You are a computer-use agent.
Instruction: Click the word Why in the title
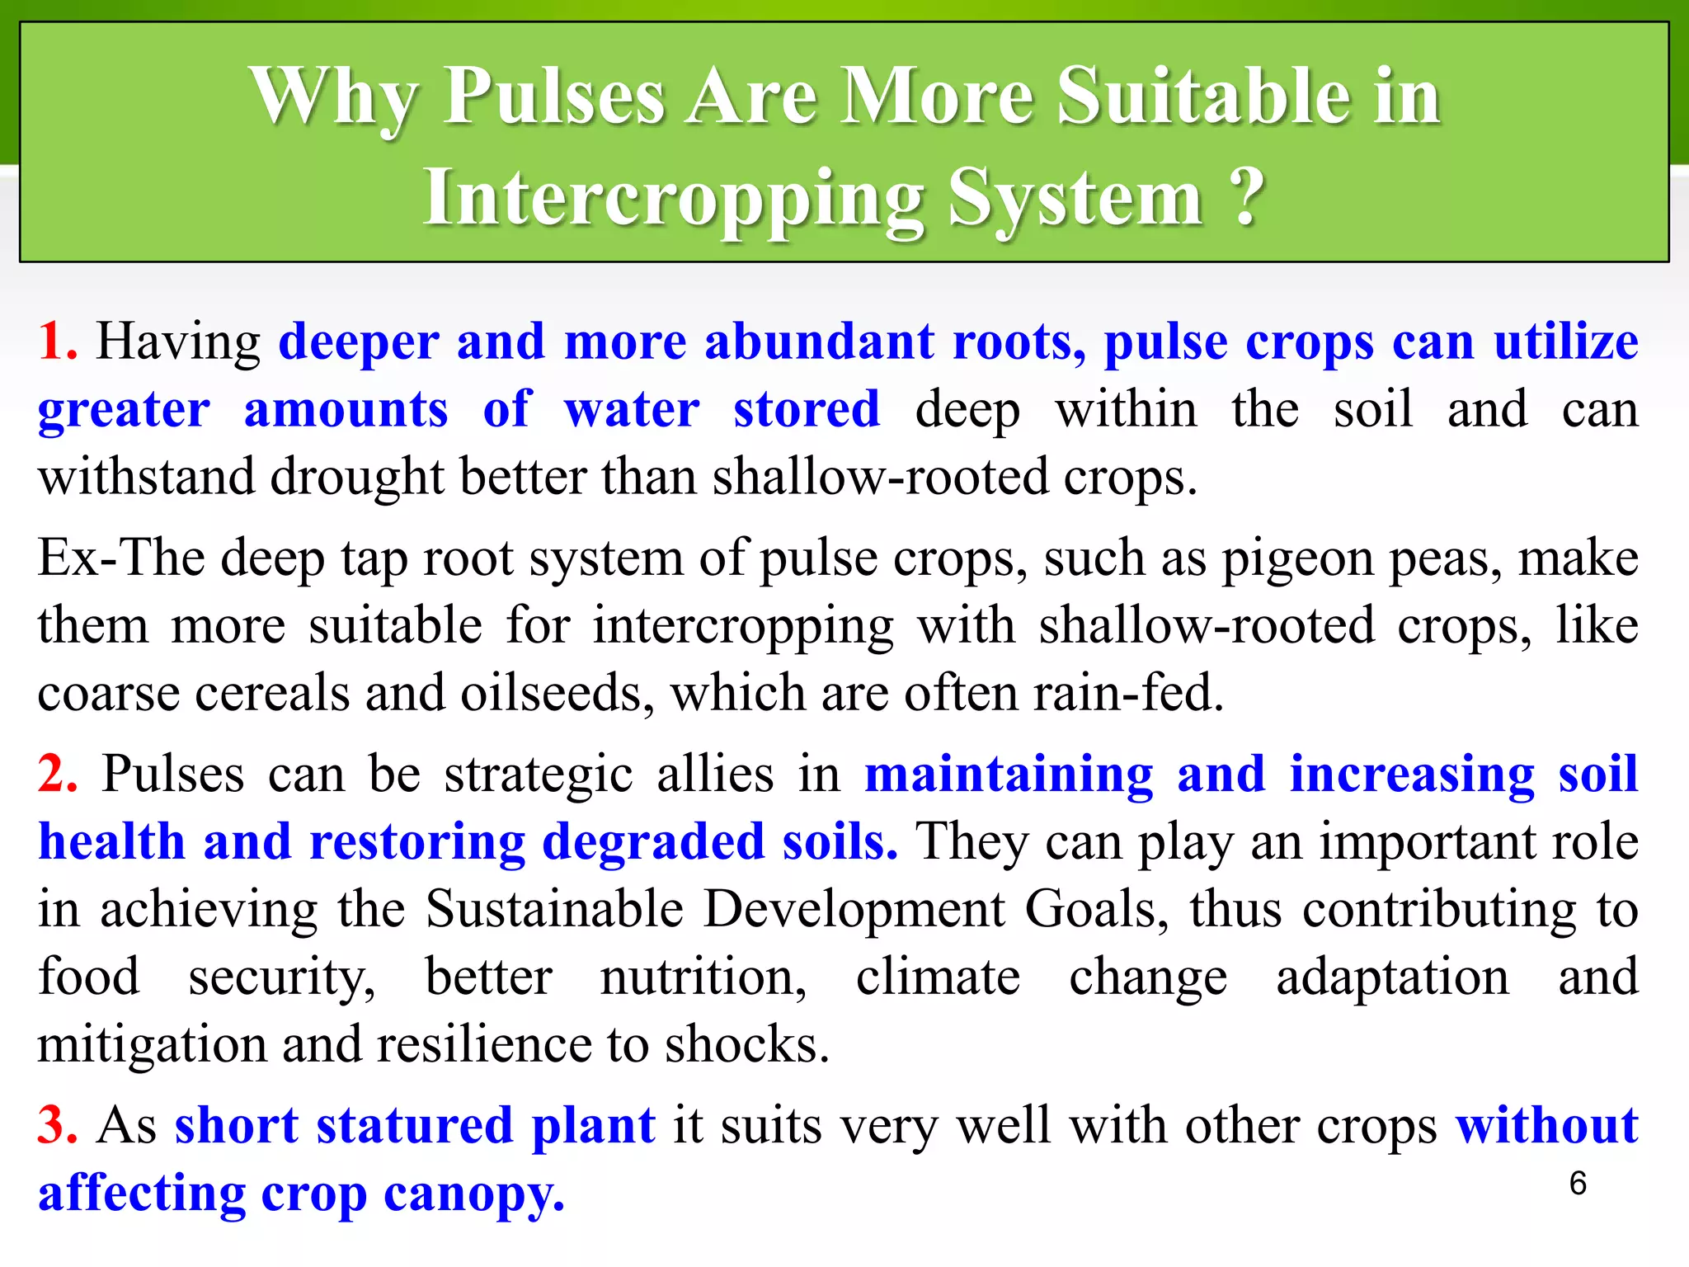click(x=335, y=99)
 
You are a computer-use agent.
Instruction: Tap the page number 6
click(x=1578, y=1184)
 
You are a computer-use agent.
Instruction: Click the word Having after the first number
click(x=178, y=341)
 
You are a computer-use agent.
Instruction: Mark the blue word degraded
click(x=653, y=843)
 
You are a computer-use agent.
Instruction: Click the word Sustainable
click(x=555, y=910)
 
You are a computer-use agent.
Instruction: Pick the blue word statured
click(x=414, y=1126)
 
